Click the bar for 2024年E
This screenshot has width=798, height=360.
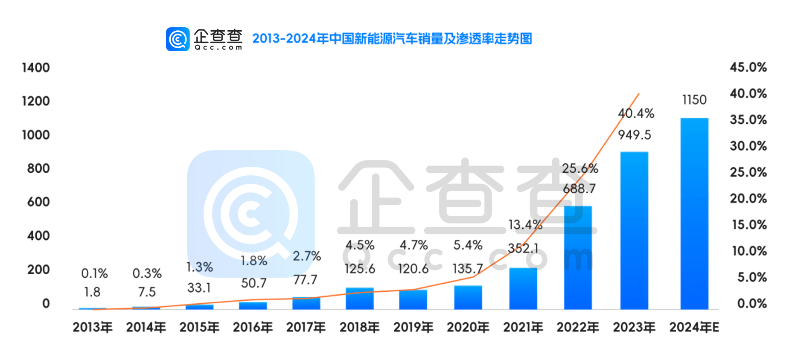pyautogui.click(x=694, y=213)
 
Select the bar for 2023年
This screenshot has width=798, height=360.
pyautogui.click(x=634, y=230)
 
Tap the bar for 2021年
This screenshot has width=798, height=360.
pyautogui.click(x=523, y=288)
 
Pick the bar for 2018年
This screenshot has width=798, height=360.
pyautogui.click(x=360, y=298)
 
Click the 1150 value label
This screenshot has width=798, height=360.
pyautogui.click(x=694, y=100)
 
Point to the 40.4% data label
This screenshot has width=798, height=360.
pyautogui.click(x=636, y=113)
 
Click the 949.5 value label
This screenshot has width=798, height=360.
pyautogui.click(x=635, y=135)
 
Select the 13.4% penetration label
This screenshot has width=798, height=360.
pyautogui.click(x=525, y=224)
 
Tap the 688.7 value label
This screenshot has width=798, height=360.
pyautogui.click(x=579, y=189)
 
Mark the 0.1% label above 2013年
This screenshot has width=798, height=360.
pyautogui.click(x=94, y=273)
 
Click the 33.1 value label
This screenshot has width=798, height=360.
pyautogui.click(x=199, y=287)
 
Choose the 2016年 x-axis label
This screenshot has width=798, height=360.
pyautogui.click(x=253, y=327)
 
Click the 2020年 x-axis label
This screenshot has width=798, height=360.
pyautogui.click(x=468, y=327)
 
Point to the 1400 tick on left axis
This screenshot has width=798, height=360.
pyautogui.click(x=36, y=67)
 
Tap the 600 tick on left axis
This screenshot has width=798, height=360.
pyautogui.click(x=38, y=202)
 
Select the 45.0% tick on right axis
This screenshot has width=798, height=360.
pyautogui.click(x=748, y=67)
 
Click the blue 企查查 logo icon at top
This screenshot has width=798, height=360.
pyautogui.click(x=178, y=39)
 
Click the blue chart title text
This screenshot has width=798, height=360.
pyautogui.click(x=392, y=38)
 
